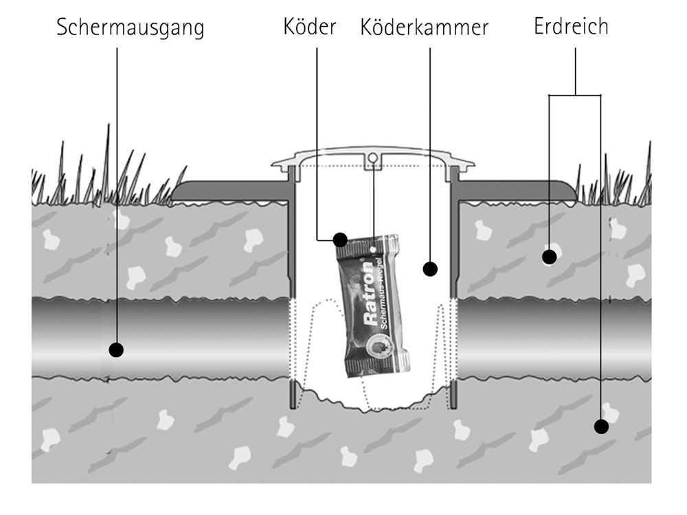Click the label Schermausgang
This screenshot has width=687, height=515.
click(131, 28)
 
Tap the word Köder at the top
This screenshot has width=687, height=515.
click(309, 27)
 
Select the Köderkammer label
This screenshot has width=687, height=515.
click(424, 27)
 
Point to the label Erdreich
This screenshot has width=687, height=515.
click(571, 26)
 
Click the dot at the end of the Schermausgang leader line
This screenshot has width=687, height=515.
click(116, 350)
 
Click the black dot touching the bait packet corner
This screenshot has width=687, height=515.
click(340, 240)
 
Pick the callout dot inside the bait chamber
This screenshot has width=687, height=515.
click(430, 268)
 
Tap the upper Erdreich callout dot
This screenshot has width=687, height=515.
click(548, 257)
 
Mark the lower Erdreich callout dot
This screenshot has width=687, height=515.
click(601, 426)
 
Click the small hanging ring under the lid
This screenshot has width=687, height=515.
click(372, 159)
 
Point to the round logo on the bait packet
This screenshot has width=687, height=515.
click(378, 347)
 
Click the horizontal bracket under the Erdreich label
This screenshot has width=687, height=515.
click(574, 95)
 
